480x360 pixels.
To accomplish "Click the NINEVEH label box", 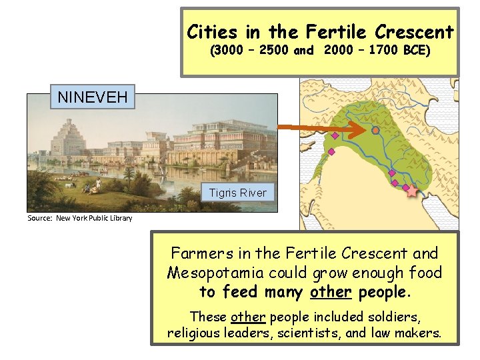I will tap(93, 97).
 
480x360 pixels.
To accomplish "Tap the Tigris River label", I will tap(237, 193).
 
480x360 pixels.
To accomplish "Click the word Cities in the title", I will tap(210, 31).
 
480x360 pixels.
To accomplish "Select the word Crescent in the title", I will tap(414, 31).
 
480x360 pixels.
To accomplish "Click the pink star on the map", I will tap(412, 191).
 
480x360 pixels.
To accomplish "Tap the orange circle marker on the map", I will tap(376, 131).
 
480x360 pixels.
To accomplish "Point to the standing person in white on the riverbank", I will tap(99, 183).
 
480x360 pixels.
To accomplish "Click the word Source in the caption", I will tap(39, 218).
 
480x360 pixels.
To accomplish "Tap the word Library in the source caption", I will tap(120, 218).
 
